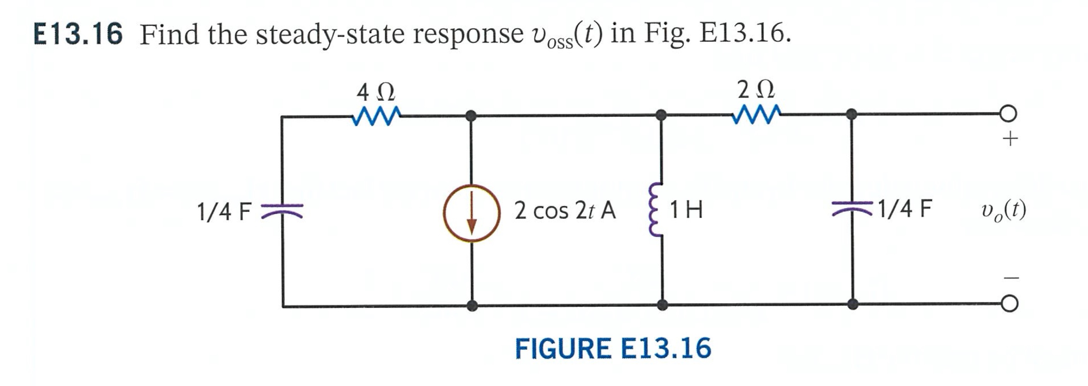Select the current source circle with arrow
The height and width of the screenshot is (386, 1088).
[471, 213]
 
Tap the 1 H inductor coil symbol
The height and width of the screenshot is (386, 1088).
[656, 210]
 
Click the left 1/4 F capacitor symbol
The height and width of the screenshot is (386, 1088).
[282, 210]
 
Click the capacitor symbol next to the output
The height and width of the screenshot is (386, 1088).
[852, 208]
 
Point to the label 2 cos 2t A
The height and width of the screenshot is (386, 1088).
[565, 210]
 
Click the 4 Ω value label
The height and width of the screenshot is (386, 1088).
[376, 92]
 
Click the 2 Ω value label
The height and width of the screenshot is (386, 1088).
[756, 89]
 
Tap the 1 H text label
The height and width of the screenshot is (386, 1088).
[687, 210]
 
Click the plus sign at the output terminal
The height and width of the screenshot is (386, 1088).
[1010, 138]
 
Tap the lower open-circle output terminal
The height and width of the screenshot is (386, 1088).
[1009, 304]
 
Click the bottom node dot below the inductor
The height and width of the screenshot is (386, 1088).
[663, 304]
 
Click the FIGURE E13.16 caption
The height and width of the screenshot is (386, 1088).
[613, 349]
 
